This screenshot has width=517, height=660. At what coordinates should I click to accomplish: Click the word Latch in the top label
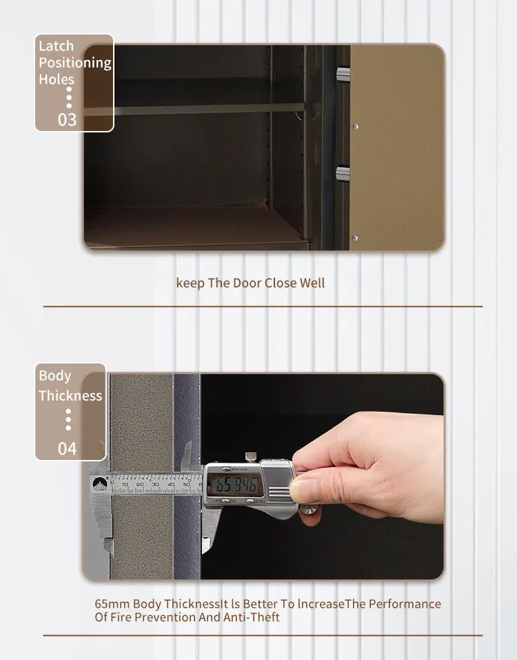pyautogui.click(x=56, y=46)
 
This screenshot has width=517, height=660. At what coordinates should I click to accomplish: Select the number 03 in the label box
pyautogui.click(x=67, y=119)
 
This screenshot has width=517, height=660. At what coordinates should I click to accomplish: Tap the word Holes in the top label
pyautogui.click(x=57, y=79)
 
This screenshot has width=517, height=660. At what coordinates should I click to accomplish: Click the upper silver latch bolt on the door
pyautogui.click(x=343, y=73)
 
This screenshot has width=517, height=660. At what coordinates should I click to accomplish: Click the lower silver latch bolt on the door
pyautogui.click(x=343, y=172)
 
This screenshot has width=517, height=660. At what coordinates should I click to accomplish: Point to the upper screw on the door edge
pyautogui.click(x=356, y=126)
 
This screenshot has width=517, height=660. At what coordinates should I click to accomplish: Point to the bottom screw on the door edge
pyautogui.click(x=356, y=237)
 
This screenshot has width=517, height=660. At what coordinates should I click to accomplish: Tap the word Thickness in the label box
pyautogui.click(x=70, y=396)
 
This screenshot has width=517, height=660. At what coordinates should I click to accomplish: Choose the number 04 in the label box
pyautogui.click(x=67, y=449)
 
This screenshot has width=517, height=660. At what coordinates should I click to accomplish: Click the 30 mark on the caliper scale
pyautogui.click(x=155, y=485)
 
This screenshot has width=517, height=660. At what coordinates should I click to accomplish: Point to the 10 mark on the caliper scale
pyautogui.click(x=125, y=485)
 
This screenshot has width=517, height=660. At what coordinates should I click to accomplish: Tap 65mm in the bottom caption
pyautogui.click(x=112, y=604)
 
